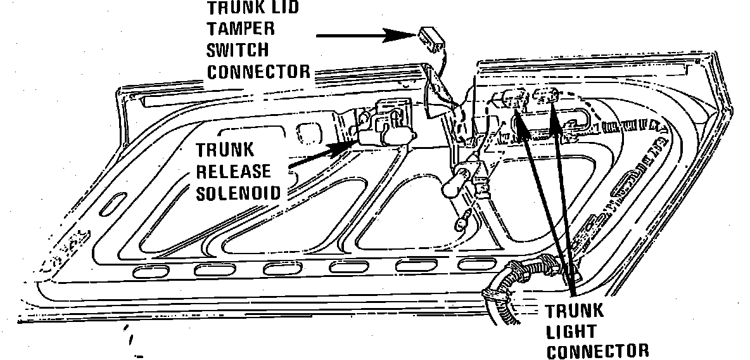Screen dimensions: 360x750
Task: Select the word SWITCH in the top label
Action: tap(238, 49)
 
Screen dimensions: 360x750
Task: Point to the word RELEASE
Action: tap(234, 172)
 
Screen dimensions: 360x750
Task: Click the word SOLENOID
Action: tap(238, 193)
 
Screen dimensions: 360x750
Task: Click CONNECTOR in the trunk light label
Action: tap(597, 351)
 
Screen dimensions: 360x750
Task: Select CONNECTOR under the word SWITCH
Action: tap(259, 70)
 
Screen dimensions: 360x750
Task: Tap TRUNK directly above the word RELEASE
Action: tap(216, 151)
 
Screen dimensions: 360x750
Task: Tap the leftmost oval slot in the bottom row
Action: tap(151, 272)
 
